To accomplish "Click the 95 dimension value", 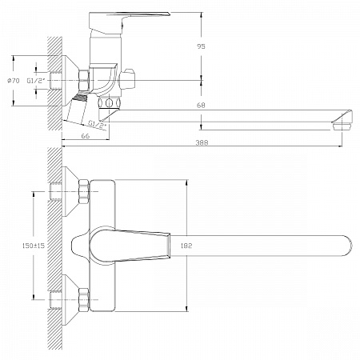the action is click(201, 46).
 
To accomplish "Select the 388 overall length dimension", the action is click(202, 142).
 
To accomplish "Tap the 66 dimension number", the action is click(85, 136).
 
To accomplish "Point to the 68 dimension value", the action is click(201, 106).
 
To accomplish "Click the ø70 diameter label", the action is click(14, 81).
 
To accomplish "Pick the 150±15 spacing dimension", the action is click(34, 246).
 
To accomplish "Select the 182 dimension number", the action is click(186, 246).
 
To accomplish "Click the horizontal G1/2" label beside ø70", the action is click(36, 81).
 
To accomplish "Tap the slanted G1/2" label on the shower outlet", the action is click(98, 124).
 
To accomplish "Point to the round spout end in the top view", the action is click(346, 246).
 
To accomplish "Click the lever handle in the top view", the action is click(130, 246).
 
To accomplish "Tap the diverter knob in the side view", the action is click(127, 80).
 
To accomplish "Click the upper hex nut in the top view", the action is click(84, 192).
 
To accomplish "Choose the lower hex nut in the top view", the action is click(84, 300).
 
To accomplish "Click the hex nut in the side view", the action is click(83, 80).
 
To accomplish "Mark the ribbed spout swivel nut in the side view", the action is click(110, 102).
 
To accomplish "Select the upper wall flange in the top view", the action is click(70, 192).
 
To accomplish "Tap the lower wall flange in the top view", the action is click(70, 300).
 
